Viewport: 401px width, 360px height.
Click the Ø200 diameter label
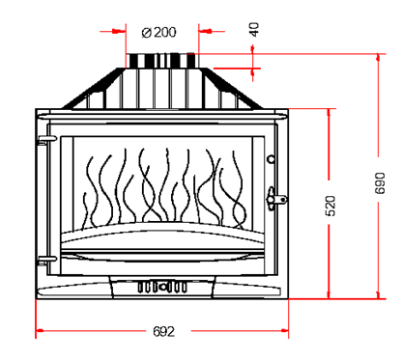pos(159,32)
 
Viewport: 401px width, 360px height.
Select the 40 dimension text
pos(254,28)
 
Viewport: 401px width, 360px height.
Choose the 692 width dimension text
pos(163,331)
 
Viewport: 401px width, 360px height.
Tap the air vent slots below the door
pos(162,287)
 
